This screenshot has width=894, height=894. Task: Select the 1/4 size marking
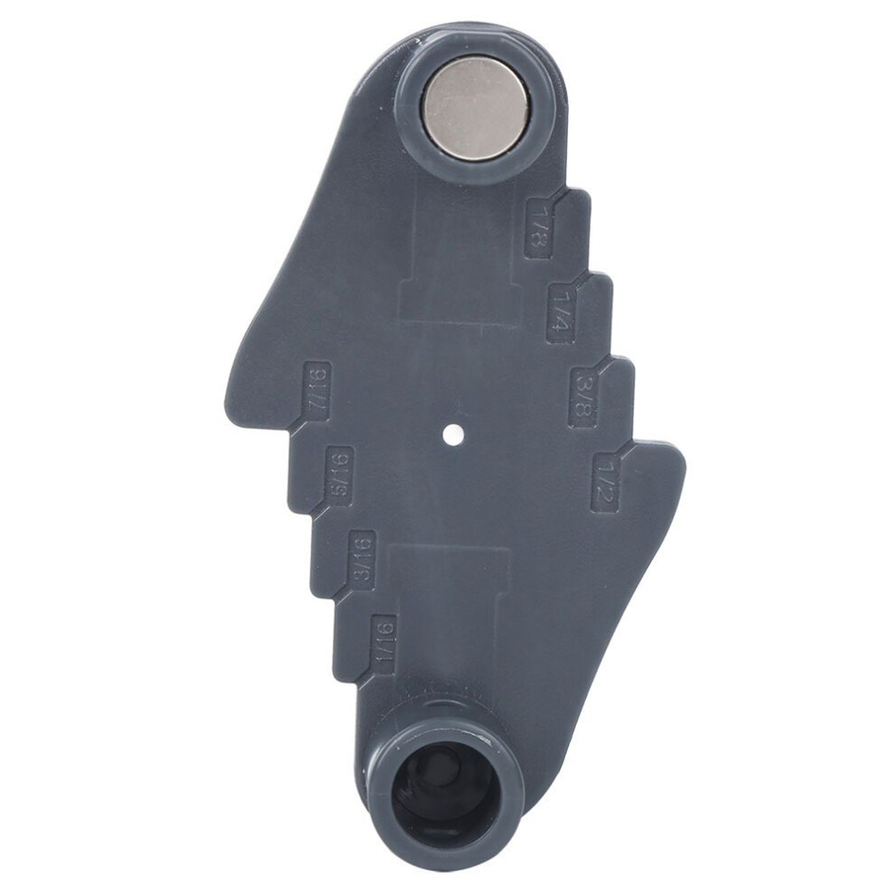coord(561,313)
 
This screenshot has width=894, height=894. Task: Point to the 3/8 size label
coord(583,396)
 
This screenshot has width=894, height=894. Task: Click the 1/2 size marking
coord(604,483)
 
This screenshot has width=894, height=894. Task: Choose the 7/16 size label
coord(317,391)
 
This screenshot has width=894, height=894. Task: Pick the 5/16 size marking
coord(340,476)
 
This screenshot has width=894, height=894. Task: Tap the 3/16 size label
coord(363,562)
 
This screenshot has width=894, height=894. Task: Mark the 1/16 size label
coord(383,646)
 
